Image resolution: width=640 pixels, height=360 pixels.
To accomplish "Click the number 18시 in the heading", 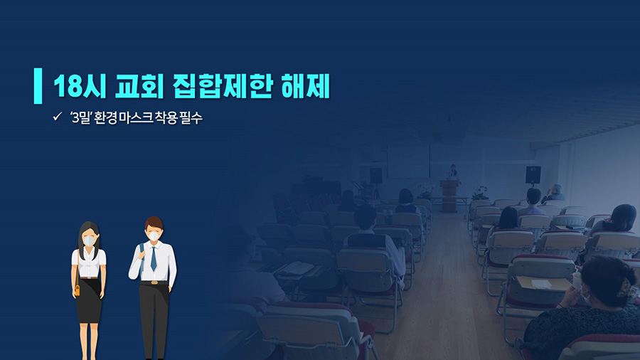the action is tap(80, 85).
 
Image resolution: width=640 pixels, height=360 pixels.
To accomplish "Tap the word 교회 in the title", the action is tap(139, 85).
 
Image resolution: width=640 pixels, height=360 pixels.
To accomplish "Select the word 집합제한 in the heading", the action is tap(222, 85).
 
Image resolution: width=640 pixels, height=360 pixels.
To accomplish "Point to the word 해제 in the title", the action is tap(305, 85).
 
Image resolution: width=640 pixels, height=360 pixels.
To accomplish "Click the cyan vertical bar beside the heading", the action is tap(38, 85).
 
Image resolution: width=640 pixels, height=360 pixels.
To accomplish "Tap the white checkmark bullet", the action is tap(57, 117).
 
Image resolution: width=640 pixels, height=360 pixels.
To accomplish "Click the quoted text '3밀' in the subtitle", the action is tap(80, 117).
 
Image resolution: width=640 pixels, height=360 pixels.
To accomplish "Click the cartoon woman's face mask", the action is tap(89, 240).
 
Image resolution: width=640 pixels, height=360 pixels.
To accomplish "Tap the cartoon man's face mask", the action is tap(154, 236).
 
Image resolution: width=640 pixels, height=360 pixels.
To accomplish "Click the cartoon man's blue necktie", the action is tap(153, 258).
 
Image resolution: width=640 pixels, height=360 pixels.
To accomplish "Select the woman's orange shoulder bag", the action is tap(77, 290).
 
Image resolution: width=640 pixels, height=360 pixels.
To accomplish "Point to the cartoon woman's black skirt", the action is tap(89, 300).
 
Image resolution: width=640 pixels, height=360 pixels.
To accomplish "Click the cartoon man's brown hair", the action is tap(154, 223).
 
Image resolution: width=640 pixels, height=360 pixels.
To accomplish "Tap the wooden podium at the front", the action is tap(448, 196).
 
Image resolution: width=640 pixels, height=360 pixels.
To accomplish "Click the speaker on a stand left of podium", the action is tap(376, 176).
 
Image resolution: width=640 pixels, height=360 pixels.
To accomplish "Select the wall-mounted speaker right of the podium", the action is tap(533, 175).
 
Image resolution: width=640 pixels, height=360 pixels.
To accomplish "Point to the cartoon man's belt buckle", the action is tap(154, 282).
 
